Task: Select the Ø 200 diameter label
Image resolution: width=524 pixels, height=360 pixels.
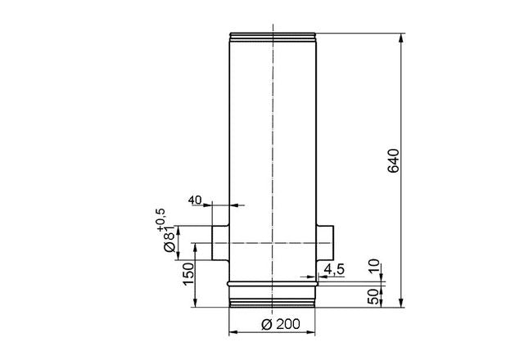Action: [272, 323]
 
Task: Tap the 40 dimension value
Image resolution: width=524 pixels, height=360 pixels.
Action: [195, 199]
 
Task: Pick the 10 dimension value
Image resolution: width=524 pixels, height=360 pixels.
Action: [374, 266]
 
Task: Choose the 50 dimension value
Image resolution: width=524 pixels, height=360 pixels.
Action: [374, 295]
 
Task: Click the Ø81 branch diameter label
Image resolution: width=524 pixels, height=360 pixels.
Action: [169, 239]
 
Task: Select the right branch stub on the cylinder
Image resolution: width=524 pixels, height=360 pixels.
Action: [325, 243]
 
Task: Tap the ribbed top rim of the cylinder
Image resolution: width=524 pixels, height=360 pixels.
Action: [272, 36]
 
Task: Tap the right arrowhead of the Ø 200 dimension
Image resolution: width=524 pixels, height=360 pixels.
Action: [312, 332]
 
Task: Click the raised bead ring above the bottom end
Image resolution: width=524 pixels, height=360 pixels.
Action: [272, 282]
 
